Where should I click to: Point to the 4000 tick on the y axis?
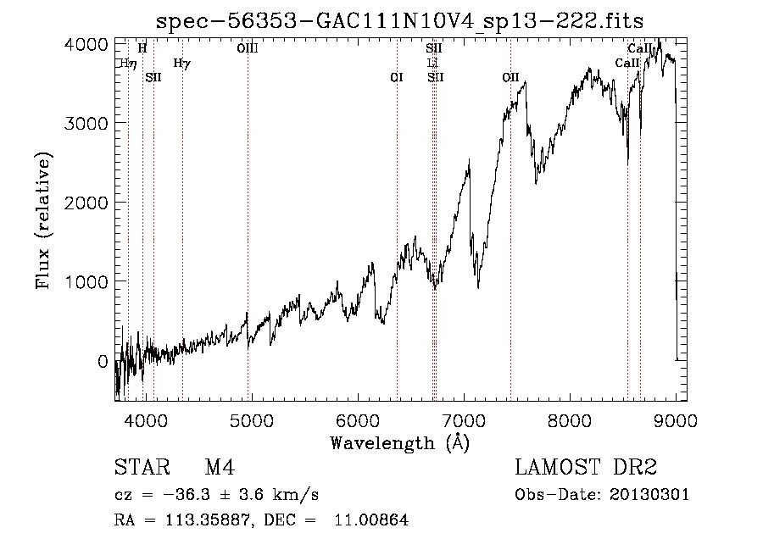tap(87, 44)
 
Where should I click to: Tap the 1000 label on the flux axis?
tap(87, 281)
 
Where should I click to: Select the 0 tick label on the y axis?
tap(102, 360)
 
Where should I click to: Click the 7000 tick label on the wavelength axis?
tap(464, 419)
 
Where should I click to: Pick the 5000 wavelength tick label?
tap(252, 419)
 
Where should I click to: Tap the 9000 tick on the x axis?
tap(676, 419)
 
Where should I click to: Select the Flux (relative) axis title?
tap(42, 221)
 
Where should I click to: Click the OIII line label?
tap(248, 49)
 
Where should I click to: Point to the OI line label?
tap(396, 77)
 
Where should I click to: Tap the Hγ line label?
tap(182, 63)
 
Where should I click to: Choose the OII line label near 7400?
tap(510, 77)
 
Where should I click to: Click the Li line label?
tap(433, 63)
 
